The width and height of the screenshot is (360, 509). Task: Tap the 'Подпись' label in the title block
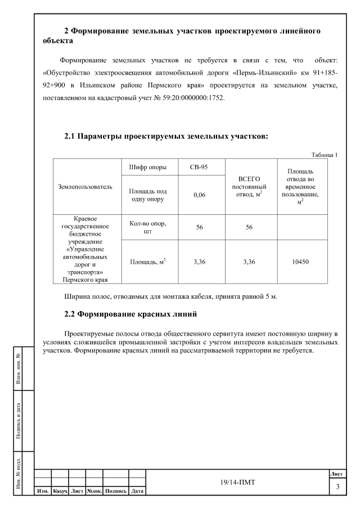point(115,492)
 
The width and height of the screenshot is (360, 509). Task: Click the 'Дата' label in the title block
point(137,492)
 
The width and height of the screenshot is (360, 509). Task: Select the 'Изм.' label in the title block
point(43,492)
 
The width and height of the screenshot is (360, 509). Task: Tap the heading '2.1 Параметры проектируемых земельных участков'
point(166,136)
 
